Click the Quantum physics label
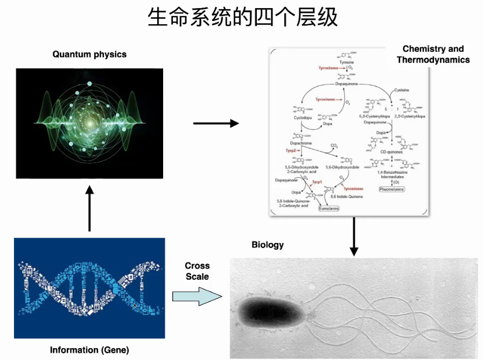89,54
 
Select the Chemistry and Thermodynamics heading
433,54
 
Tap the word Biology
268,245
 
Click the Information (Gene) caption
89,350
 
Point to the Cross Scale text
197,271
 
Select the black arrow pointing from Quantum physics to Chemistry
215,123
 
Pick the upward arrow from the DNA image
90,208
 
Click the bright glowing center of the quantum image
89,111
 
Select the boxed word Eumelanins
328,207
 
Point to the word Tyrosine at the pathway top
346,63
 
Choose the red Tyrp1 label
317,182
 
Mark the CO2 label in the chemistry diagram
334,146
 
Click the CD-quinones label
391,152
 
